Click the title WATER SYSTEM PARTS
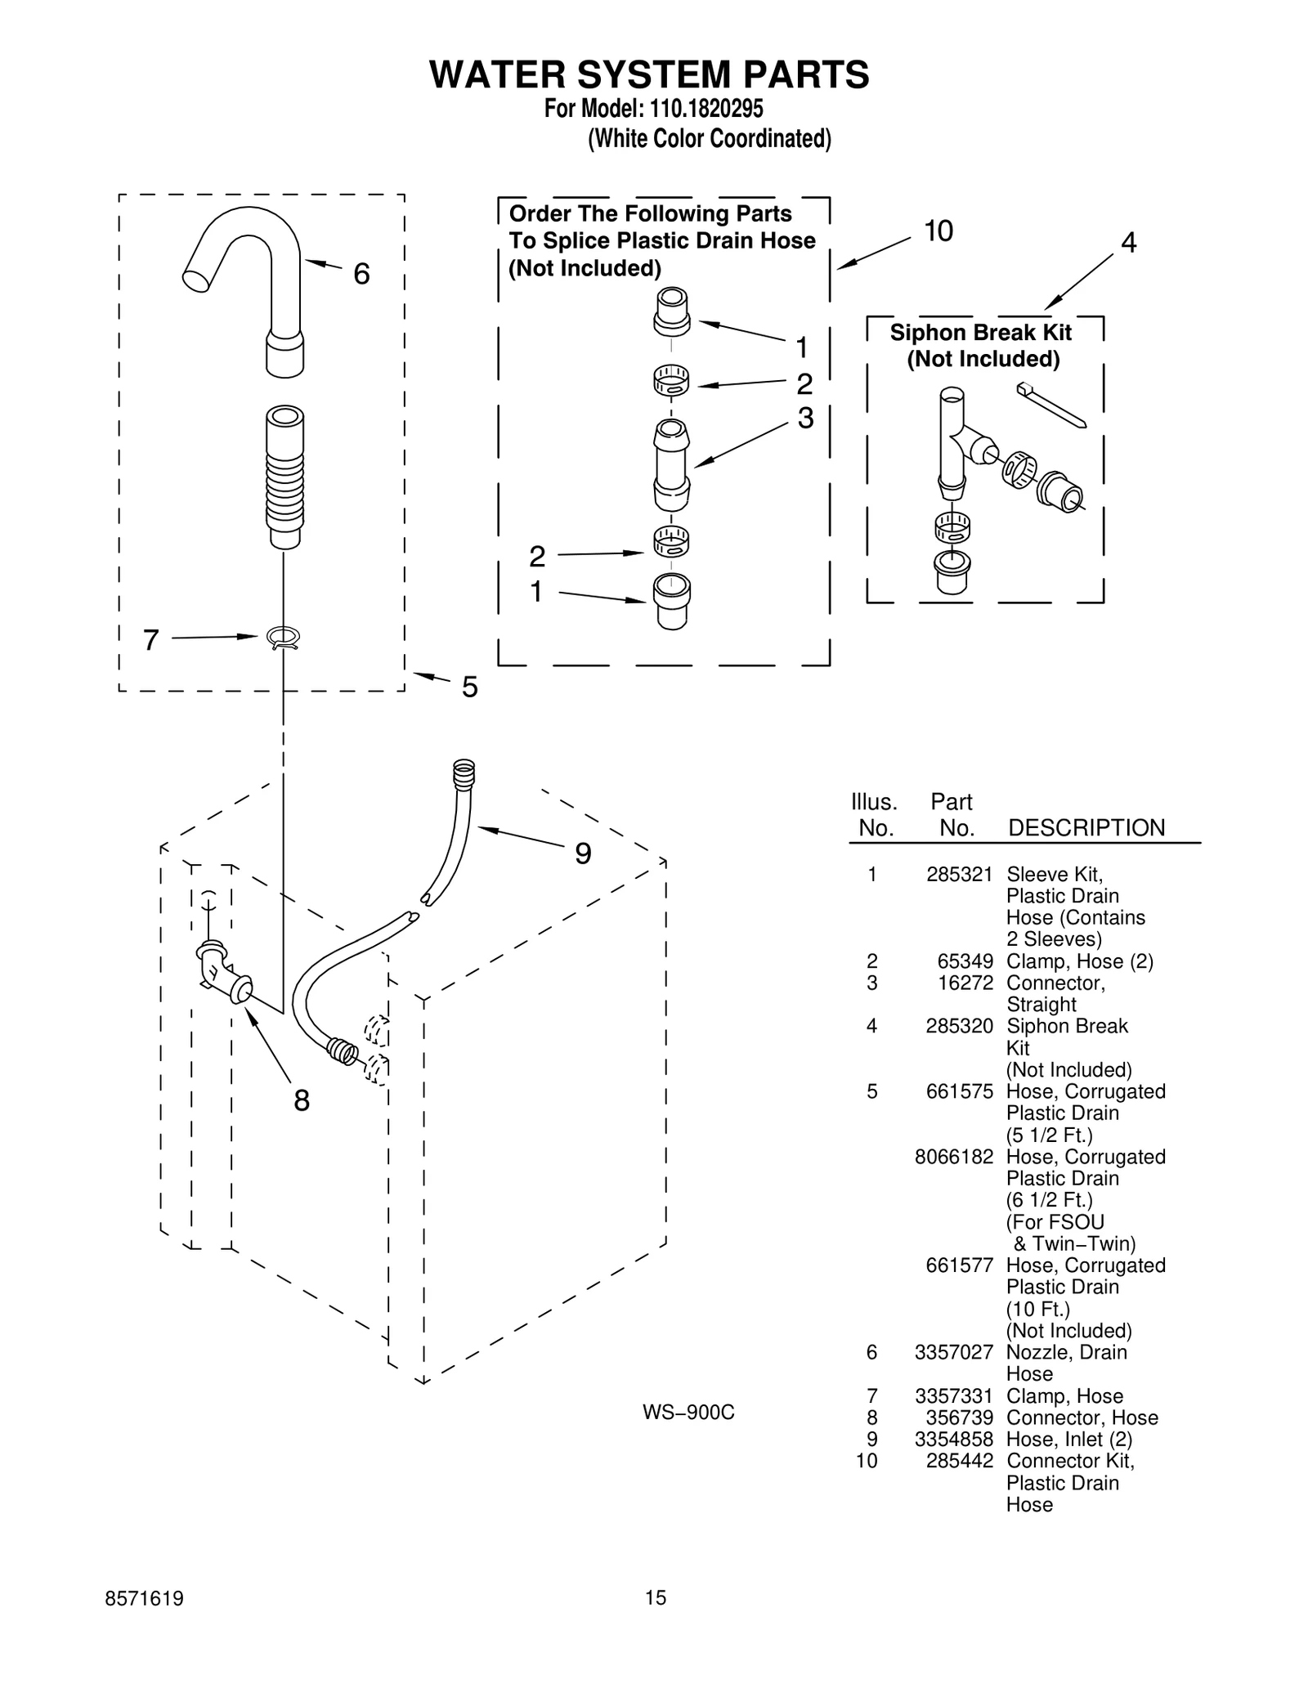[649, 74]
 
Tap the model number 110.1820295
[706, 109]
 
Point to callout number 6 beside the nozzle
[361, 274]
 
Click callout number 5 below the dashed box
[469, 688]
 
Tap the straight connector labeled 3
[671, 466]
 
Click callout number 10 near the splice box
[938, 232]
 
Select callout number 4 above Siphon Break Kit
[1128, 243]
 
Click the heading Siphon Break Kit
[980, 333]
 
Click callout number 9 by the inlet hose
[582, 854]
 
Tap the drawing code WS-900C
[688, 1413]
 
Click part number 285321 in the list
[959, 875]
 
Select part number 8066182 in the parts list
[954, 1157]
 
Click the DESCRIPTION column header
[1086, 828]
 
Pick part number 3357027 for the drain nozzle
[954, 1353]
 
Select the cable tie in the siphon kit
[1051, 405]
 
